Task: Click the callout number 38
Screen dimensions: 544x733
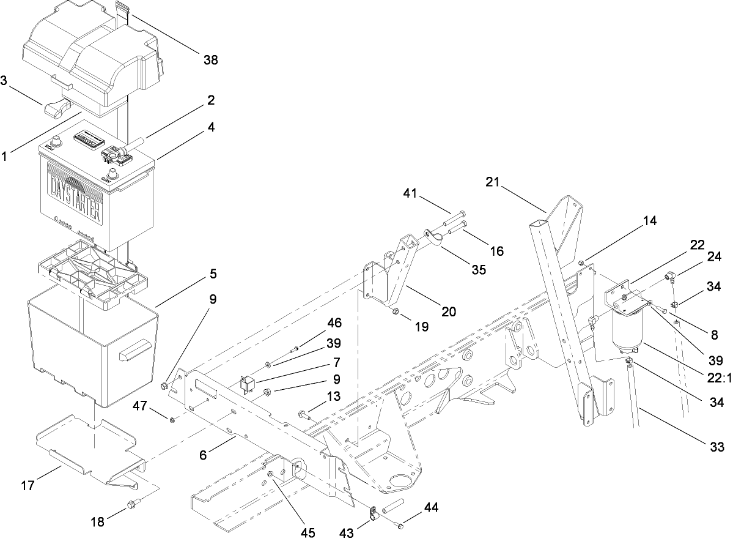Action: pos(210,60)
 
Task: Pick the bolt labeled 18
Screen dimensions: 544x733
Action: pos(131,505)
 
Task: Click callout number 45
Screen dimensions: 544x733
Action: pos(307,532)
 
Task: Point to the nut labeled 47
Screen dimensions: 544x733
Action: pos(173,419)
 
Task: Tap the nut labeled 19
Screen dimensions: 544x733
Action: pos(395,312)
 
